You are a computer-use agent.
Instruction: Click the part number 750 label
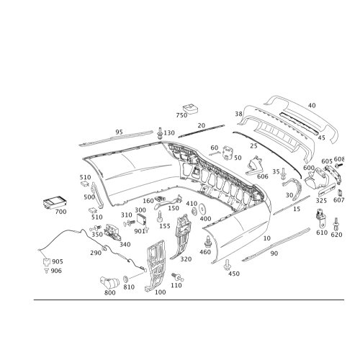tap(181, 115)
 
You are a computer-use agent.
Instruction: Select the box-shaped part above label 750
tap(191, 108)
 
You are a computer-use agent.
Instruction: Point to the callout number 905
tap(58, 261)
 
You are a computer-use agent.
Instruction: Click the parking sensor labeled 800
tap(109, 282)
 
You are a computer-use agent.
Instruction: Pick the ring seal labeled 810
tap(126, 279)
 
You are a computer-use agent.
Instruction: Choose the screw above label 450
tap(227, 265)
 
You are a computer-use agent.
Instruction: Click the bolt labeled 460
tap(208, 242)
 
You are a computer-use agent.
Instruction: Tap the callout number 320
tap(186, 259)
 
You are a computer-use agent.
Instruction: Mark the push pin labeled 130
tap(160, 133)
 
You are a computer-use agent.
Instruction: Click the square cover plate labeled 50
tap(228, 153)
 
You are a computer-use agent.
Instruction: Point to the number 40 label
tap(312, 105)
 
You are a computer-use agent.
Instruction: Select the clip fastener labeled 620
tap(336, 223)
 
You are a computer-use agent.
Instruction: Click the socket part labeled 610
tap(320, 218)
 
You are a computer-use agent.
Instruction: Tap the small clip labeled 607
tap(340, 193)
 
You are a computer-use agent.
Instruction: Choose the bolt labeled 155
tap(160, 217)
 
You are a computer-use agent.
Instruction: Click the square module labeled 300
tap(141, 219)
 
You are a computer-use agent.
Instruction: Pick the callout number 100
tap(160, 292)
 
